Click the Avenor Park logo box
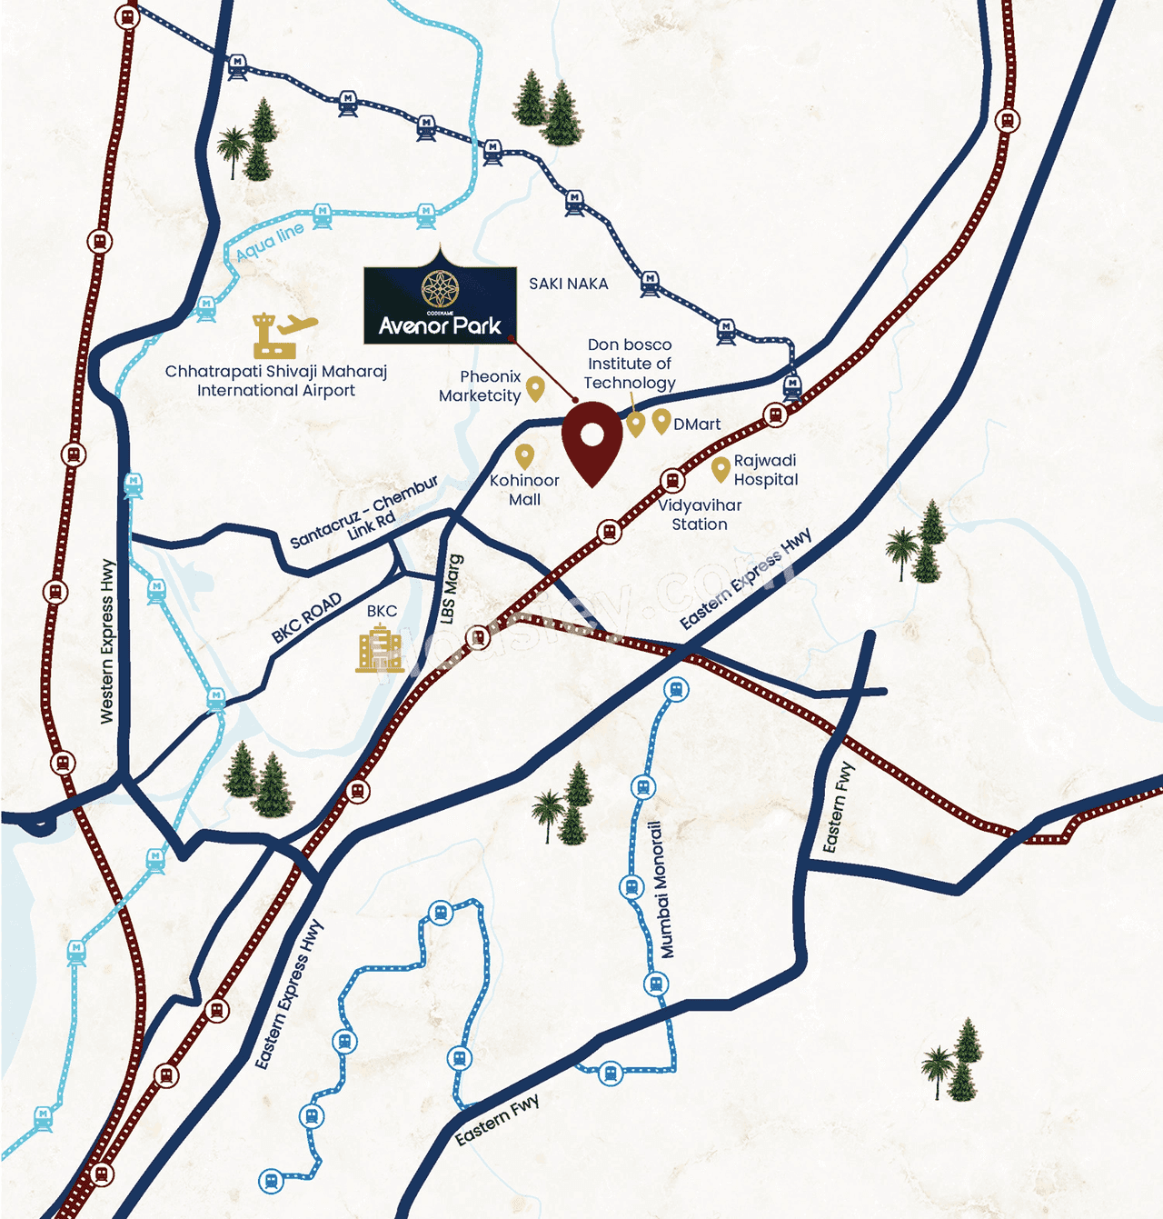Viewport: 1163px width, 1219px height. (x=440, y=304)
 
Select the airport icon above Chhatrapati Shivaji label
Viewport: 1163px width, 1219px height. (x=283, y=335)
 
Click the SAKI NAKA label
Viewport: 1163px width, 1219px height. (x=569, y=284)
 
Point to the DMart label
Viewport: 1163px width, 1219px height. (x=697, y=425)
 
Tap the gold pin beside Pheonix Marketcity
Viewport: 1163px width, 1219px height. (x=535, y=389)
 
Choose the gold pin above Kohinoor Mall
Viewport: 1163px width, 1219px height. (x=524, y=456)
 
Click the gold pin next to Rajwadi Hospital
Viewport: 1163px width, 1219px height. (x=721, y=470)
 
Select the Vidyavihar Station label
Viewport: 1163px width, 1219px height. (x=700, y=515)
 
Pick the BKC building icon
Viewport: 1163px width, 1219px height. (x=379, y=649)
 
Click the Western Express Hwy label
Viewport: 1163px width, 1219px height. (x=107, y=641)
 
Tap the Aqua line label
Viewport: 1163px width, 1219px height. (x=270, y=242)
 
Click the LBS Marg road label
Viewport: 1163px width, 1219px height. (x=452, y=589)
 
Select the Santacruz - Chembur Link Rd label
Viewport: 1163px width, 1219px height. (x=365, y=513)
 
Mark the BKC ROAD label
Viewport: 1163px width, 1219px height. (x=307, y=617)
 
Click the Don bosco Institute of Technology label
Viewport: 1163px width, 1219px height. (x=630, y=364)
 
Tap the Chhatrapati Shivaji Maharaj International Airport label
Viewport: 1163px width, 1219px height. (x=276, y=381)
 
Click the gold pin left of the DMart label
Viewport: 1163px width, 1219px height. (x=661, y=421)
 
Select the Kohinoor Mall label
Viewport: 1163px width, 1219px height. (x=524, y=490)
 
